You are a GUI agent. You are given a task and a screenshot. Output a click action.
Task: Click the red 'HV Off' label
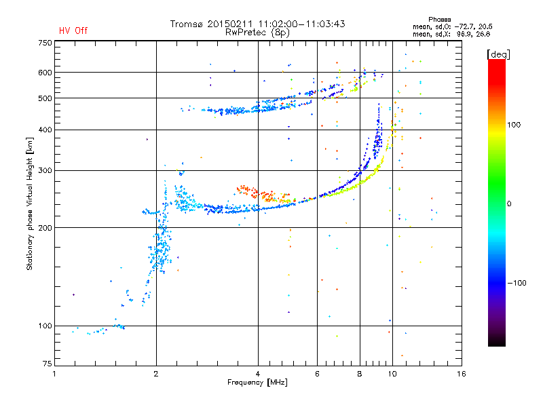coord(73,31)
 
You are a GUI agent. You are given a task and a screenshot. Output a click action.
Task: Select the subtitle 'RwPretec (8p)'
coord(257,33)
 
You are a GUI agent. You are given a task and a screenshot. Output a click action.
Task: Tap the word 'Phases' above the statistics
coord(439,20)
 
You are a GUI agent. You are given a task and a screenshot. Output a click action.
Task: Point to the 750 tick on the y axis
coord(45,43)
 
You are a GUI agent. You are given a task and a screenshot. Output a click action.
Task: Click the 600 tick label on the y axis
coord(45,73)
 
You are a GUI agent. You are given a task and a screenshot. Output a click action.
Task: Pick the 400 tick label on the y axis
coord(45,130)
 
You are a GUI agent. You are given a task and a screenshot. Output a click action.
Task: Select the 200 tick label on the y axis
coord(45,227)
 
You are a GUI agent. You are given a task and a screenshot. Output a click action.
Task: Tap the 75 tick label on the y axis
coord(48,364)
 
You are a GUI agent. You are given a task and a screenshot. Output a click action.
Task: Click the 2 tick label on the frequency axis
coord(156,374)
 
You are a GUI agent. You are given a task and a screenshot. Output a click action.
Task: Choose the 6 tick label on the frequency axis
coord(317,374)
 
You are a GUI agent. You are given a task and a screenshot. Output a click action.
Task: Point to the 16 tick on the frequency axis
coord(462,374)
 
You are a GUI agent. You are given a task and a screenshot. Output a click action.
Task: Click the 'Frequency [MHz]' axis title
coord(257,383)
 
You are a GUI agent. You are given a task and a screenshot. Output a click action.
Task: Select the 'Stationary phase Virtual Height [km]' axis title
coord(30,204)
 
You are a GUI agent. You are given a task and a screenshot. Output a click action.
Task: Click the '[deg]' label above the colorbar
coord(498,54)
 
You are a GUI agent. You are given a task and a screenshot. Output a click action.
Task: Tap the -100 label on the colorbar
coord(517,283)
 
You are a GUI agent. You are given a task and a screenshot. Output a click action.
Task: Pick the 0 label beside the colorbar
coord(509,203)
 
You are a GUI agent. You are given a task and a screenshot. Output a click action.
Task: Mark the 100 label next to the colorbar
coord(514,125)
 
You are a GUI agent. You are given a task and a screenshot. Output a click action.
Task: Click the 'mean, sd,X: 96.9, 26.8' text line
coord(451,34)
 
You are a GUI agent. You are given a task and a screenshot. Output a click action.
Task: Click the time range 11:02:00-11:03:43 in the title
coord(301,24)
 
